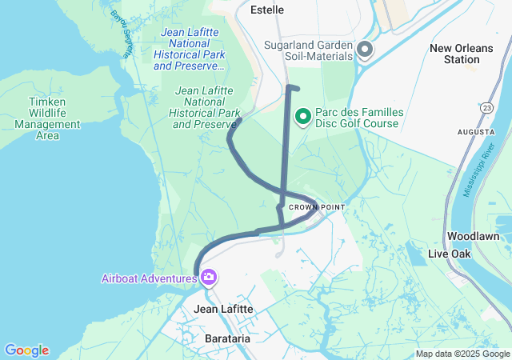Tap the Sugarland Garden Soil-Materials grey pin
point(365,50)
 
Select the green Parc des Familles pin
point(304,118)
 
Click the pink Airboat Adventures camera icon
point(209,278)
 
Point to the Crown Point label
point(317,207)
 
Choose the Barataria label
point(226,338)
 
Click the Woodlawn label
point(474,237)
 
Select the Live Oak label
point(450,254)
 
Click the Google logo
point(26,350)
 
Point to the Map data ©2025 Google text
point(462,354)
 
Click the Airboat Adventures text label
point(150,278)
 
